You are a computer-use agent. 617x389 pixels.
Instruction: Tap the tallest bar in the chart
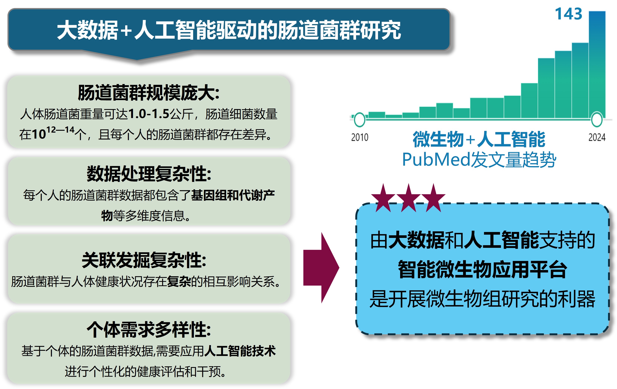[x=597, y=64]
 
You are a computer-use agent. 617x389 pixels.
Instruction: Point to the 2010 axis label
[x=359, y=137]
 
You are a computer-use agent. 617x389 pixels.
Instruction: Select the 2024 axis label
[x=597, y=137]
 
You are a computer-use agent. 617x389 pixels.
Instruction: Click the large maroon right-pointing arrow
[x=321, y=268]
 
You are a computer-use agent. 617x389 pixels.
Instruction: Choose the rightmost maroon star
[x=433, y=199]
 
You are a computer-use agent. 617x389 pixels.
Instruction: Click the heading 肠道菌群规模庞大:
[x=149, y=93]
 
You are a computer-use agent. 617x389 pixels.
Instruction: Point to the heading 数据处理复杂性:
[x=149, y=174]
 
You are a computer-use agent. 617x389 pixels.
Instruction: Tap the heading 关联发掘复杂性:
[x=144, y=260]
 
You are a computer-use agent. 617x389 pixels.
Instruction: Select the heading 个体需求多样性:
[x=149, y=330]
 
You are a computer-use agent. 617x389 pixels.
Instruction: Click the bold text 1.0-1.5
[x=149, y=114]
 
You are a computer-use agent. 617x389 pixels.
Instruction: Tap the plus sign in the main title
[x=126, y=31]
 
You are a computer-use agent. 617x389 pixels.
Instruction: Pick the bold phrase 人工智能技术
[x=240, y=351]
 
